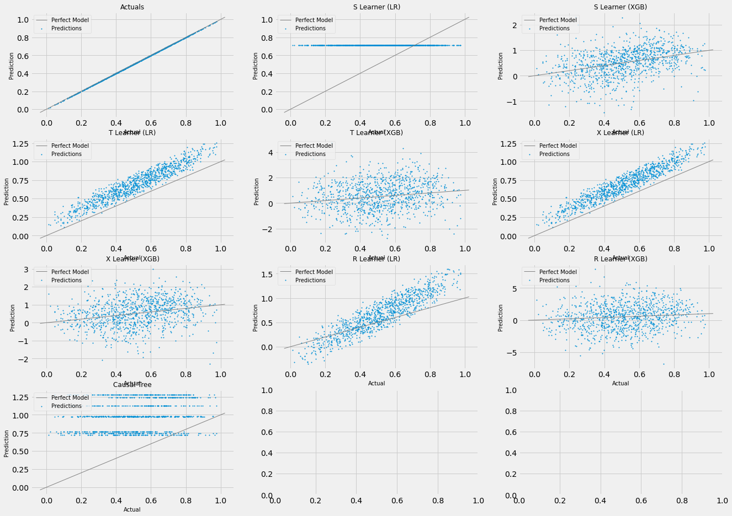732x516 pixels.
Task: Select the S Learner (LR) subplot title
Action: pyautogui.click(x=376, y=7)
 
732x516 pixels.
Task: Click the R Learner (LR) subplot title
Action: pyautogui.click(x=376, y=259)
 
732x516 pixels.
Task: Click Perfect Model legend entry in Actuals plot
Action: pyautogui.click(x=70, y=20)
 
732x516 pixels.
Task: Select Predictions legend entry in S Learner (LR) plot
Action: pyautogui.click(x=310, y=29)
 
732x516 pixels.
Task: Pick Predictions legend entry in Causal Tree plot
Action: pyautogui.click(x=66, y=406)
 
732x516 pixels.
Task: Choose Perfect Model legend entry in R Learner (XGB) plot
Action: pyautogui.click(x=558, y=272)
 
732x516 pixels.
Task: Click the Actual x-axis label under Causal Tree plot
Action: pyautogui.click(x=132, y=510)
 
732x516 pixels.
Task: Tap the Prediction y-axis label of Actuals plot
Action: pyautogui.click(x=11, y=66)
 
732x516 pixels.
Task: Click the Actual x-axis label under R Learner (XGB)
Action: pyautogui.click(x=620, y=384)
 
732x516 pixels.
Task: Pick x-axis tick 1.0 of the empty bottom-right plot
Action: pyautogui.click(x=722, y=500)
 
